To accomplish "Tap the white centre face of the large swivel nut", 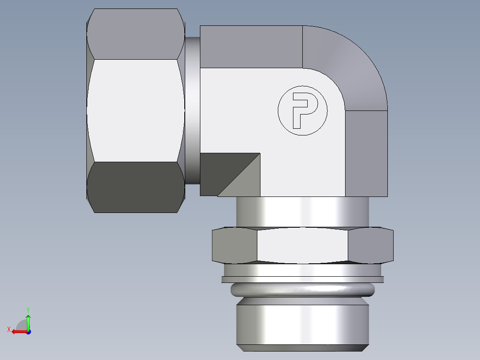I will coord(136,110).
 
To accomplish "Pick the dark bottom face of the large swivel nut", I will coord(136,187).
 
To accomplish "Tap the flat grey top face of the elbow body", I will coord(251,47).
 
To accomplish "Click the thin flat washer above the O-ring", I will coord(303,279).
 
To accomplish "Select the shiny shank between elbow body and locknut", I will coord(303,212).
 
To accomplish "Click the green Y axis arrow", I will coord(28,319).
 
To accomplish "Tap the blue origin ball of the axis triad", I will coord(28,332).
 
